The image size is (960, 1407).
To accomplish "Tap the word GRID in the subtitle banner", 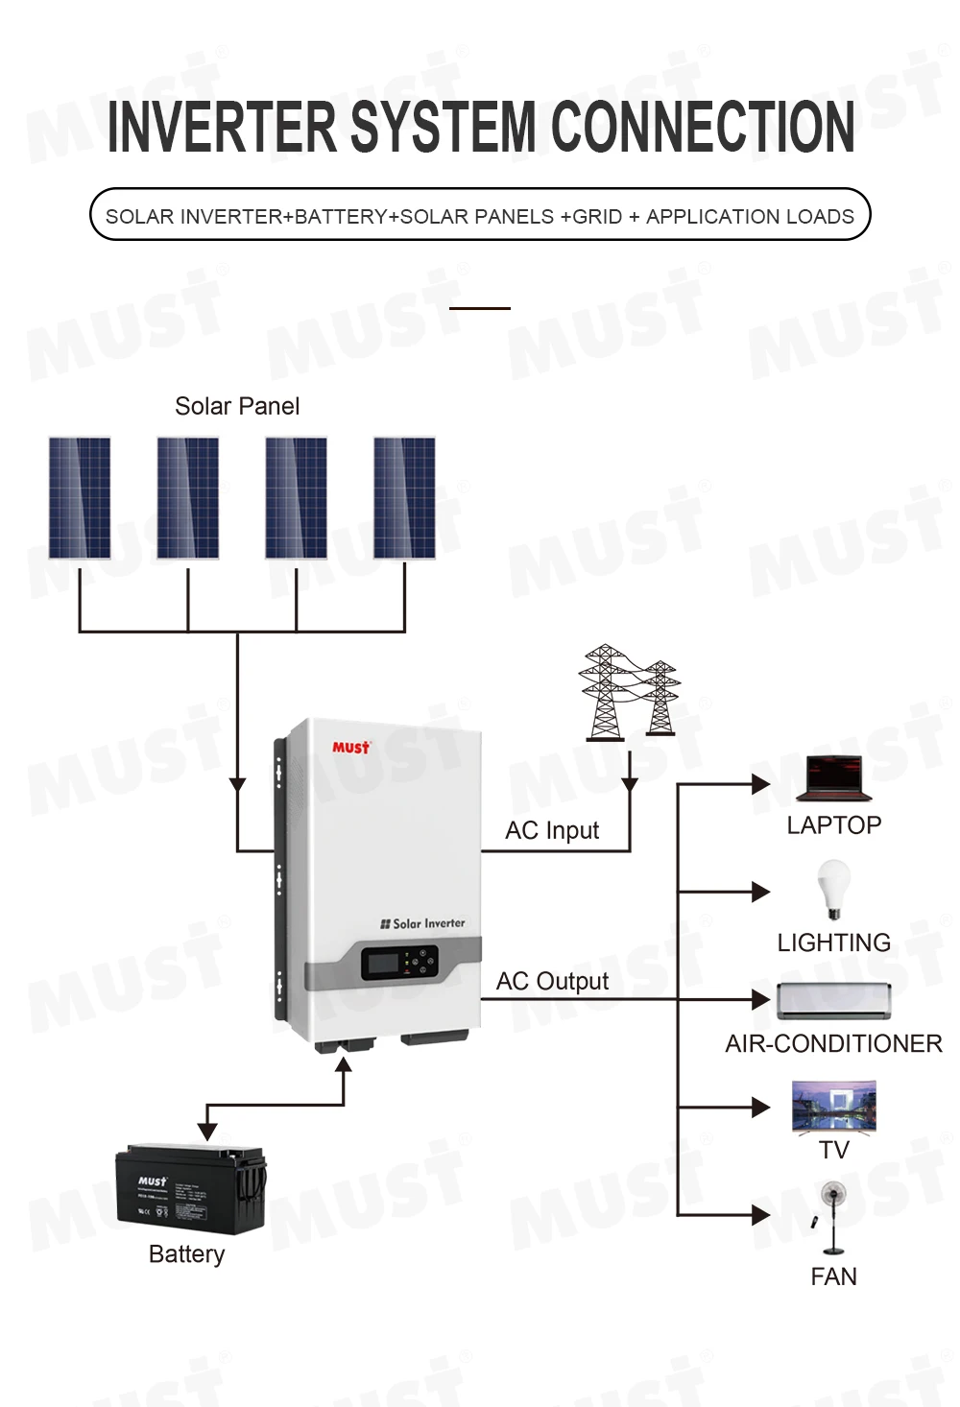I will pyautogui.click(x=597, y=217).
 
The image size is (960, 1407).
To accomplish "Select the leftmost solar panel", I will pyautogui.click(x=80, y=498).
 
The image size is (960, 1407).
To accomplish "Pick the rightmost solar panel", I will pyautogui.click(x=404, y=498).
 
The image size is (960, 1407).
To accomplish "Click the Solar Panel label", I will pyautogui.click(x=237, y=406).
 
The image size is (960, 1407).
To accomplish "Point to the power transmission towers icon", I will pyautogui.click(x=629, y=692).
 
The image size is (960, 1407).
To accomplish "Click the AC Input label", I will pyautogui.click(x=552, y=830).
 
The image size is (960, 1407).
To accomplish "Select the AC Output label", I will pyautogui.click(x=552, y=981).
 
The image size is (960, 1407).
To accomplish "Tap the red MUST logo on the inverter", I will pyautogui.click(x=350, y=748).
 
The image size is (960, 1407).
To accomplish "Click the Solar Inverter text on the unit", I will pyautogui.click(x=423, y=923).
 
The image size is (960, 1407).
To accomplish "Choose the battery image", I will pyautogui.click(x=190, y=1188).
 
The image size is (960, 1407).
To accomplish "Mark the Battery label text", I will pyautogui.click(x=186, y=1254).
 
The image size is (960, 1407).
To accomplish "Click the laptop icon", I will pyautogui.click(x=833, y=778).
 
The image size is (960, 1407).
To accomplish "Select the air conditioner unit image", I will pyautogui.click(x=833, y=1001).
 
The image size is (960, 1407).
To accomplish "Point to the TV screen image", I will pyautogui.click(x=833, y=1108).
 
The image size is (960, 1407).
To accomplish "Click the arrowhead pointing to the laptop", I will pyautogui.click(x=761, y=784).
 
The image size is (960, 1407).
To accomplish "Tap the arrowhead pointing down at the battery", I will pyautogui.click(x=207, y=1132).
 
